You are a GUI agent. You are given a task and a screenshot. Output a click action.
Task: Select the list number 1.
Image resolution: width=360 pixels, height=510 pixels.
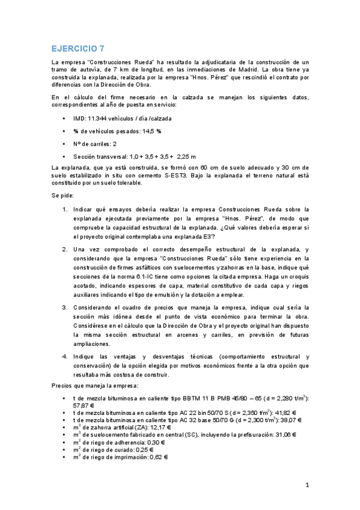coord(66,210)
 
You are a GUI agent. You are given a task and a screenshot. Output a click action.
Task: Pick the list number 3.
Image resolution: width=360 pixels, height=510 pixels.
coord(66,307)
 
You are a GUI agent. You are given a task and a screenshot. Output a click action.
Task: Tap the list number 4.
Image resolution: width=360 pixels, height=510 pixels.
coord(66,357)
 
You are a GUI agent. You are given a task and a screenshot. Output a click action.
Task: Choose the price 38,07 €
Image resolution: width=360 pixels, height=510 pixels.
coord(288,420)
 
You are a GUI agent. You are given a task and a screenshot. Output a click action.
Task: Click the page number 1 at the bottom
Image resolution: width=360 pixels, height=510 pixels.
coord(307,485)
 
